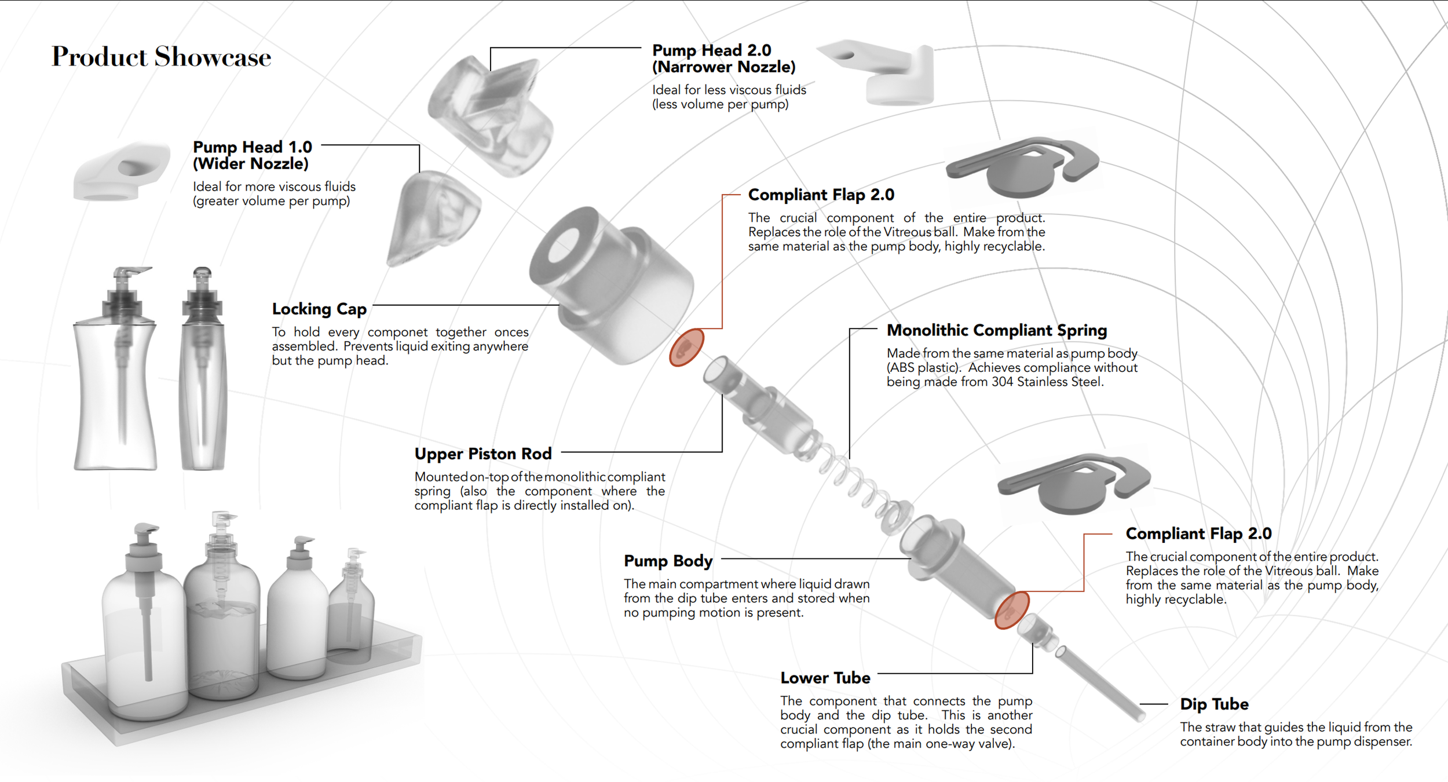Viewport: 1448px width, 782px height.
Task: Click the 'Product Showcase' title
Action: [x=161, y=57]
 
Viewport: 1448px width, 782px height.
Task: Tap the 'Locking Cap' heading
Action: [x=319, y=309]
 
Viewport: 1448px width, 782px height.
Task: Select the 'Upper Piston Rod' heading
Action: [x=483, y=454]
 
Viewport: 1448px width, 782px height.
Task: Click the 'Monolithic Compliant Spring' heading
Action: [x=996, y=330]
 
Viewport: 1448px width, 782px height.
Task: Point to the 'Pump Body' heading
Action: [x=668, y=561]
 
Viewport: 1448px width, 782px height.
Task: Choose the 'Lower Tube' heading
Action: [x=825, y=678]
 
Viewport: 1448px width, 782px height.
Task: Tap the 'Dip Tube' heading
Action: [x=1214, y=704]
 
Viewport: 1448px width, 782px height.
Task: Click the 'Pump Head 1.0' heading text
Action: [x=253, y=147]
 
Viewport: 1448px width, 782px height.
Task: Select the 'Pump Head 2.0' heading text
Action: [x=711, y=50]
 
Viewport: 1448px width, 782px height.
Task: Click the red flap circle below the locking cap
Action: [x=686, y=348]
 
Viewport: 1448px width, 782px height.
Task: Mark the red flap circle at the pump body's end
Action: [x=1011, y=610]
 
